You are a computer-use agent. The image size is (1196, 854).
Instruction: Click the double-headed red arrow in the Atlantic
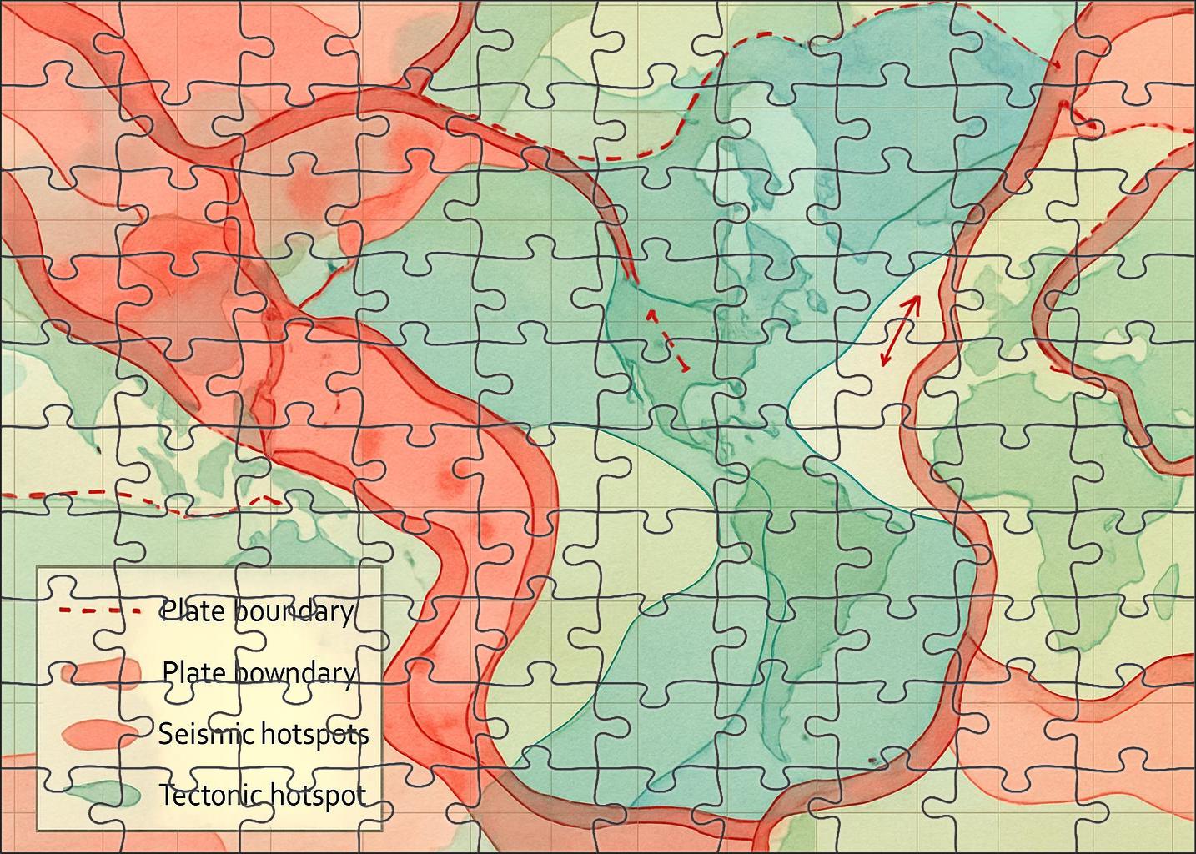click(901, 330)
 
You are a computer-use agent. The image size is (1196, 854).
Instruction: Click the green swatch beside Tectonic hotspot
click(102, 795)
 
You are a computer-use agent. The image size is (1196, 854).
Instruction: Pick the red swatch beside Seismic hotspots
click(102, 733)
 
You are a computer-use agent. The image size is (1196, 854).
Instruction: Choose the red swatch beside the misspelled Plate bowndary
click(102, 672)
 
